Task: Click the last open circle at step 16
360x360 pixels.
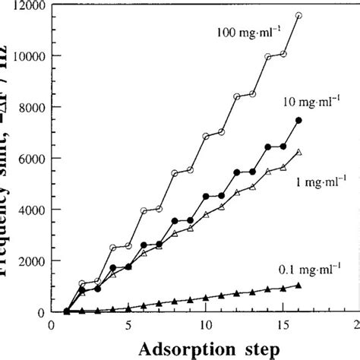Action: point(298,15)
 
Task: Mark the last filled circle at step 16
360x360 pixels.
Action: point(298,121)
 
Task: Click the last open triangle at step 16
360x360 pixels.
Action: point(298,152)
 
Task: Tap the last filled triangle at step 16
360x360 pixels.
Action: point(298,286)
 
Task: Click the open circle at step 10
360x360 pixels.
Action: point(206,137)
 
